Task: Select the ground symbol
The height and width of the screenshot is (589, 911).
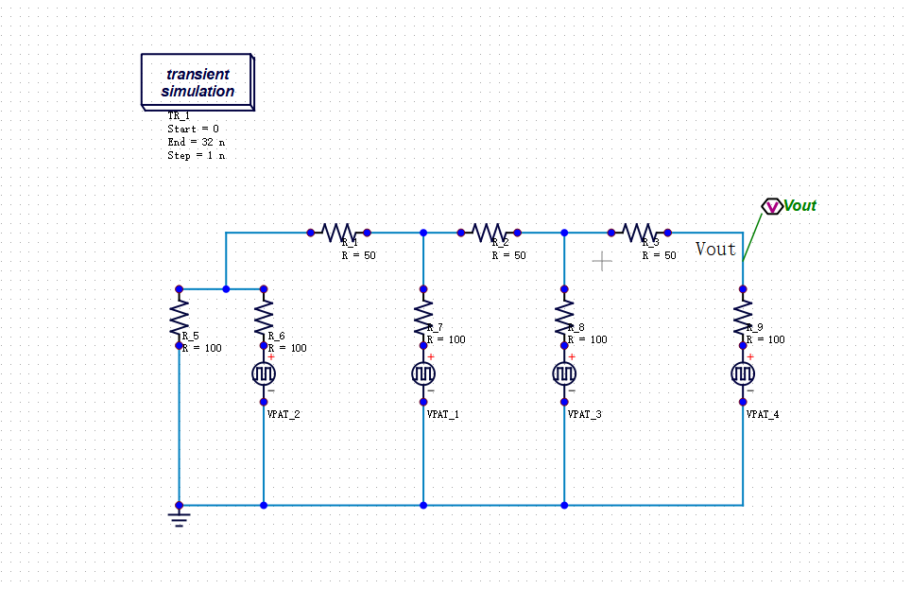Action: (x=179, y=516)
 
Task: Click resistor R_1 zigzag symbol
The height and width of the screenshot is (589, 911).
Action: (x=337, y=232)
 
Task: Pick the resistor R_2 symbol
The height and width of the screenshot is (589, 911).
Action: (x=488, y=232)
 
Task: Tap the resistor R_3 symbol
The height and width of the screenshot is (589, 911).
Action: (x=638, y=232)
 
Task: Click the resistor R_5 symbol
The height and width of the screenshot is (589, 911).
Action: (x=179, y=317)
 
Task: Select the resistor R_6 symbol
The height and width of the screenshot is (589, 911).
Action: (x=264, y=317)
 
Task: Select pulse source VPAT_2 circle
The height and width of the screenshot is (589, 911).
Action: (x=264, y=374)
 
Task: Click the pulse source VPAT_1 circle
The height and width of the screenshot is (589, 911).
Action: (x=423, y=374)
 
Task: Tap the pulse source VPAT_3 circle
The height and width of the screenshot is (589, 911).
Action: (x=564, y=374)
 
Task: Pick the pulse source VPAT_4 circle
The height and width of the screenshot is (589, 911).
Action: (x=743, y=374)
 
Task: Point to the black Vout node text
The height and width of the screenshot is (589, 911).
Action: (x=715, y=249)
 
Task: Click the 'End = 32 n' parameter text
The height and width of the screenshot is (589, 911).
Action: (x=196, y=142)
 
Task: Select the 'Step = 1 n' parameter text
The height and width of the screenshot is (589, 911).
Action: (x=196, y=155)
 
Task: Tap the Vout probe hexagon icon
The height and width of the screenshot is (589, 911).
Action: (x=771, y=206)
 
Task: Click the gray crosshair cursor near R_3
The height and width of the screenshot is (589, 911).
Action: (x=602, y=260)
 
